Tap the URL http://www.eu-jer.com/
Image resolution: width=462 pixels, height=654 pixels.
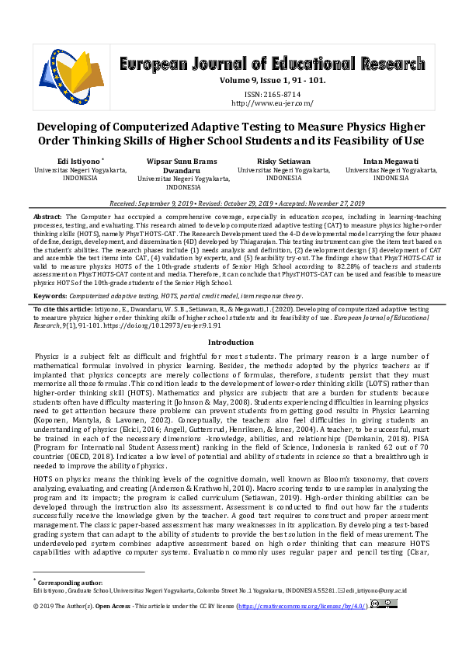(272, 102)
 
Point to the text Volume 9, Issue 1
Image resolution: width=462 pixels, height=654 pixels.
(252, 81)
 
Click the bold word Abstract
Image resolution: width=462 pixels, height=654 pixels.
(48, 215)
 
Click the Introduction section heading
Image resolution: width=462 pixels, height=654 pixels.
(231, 342)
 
